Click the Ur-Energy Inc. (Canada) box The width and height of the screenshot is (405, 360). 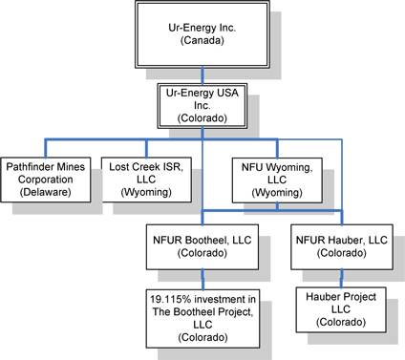click(x=202, y=34)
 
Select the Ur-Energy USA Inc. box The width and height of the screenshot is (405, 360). click(x=202, y=106)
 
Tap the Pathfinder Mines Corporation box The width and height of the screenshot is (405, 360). click(x=46, y=180)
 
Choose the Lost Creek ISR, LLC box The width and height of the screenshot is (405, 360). click(x=146, y=180)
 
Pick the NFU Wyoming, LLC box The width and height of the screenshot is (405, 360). click(x=277, y=180)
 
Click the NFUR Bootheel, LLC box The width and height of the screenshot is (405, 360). click(x=202, y=247)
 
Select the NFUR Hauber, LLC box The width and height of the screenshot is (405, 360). click(x=342, y=247)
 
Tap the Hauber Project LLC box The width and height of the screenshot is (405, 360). click(x=341, y=309)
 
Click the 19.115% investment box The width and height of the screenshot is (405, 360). click(x=202, y=319)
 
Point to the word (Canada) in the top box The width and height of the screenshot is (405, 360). click(x=202, y=41)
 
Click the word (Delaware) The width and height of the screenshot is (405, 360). click(x=46, y=192)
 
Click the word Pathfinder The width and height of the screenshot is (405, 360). click(x=28, y=167)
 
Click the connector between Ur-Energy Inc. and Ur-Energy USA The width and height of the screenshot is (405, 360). click(x=202, y=75)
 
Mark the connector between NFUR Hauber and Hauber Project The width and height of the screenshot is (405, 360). click(x=342, y=279)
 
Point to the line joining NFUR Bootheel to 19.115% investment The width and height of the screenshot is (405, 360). click(x=202, y=280)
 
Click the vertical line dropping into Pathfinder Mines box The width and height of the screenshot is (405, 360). click(x=46, y=148)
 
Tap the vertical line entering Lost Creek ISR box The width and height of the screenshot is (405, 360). click(x=146, y=148)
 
